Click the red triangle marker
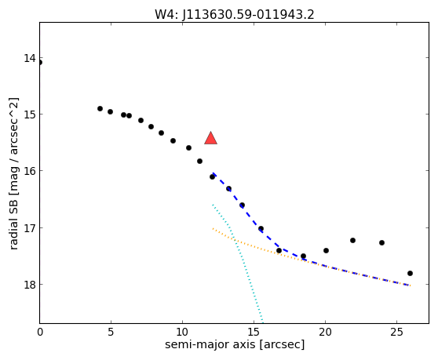tap(210, 138)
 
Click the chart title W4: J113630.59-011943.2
tap(235, 15)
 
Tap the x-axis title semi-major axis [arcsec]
tap(235, 344)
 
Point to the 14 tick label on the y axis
tap(30, 58)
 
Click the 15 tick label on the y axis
tap(30, 115)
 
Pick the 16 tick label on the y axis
tap(30, 171)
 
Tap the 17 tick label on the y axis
tap(30, 228)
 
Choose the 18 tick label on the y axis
tap(30, 285)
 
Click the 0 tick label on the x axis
tap(40, 332)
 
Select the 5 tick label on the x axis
tap(111, 332)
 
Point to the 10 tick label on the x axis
tap(182, 332)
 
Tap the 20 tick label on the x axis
tap(325, 332)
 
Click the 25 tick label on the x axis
tap(396, 332)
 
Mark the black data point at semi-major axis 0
tap(40, 62)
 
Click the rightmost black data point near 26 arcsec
tap(410, 273)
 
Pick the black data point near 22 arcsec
tap(352, 240)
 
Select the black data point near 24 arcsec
tap(381, 243)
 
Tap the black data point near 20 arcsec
tap(326, 251)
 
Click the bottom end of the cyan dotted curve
tap(263, 322)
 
